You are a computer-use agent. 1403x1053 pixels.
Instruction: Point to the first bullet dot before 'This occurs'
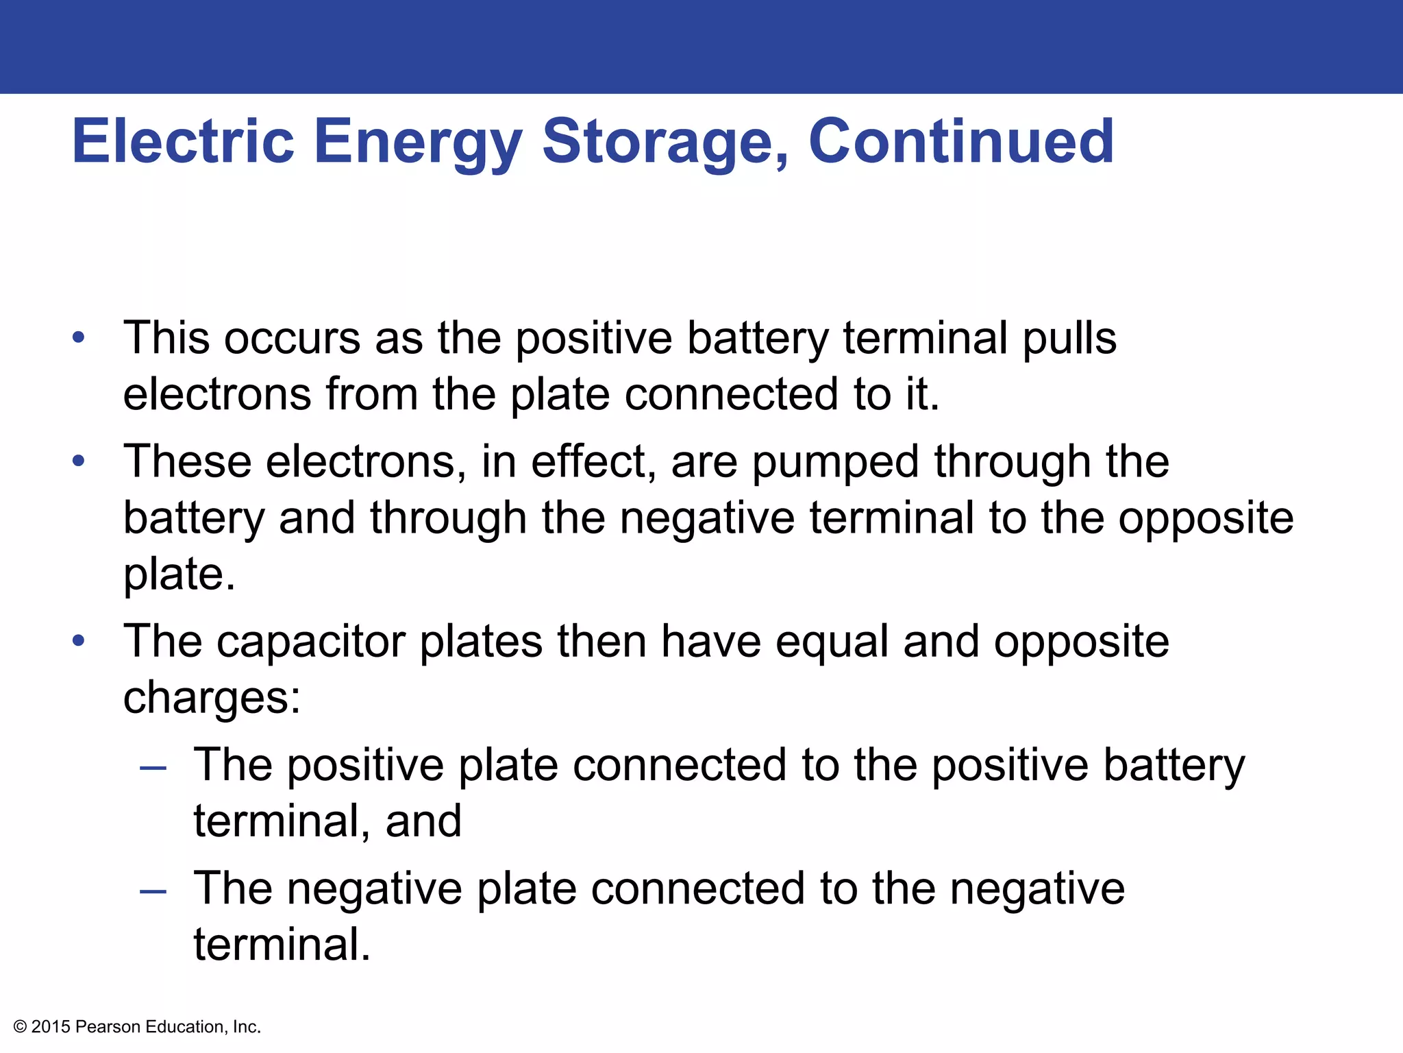click(79, 337)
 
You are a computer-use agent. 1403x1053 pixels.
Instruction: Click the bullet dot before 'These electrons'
click(79, 461)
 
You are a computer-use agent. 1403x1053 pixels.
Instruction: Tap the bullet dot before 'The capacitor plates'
click(79, 640)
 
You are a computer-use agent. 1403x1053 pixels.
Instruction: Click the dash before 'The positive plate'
click(153, 768)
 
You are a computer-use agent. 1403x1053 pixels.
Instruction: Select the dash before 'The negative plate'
click(153, 891)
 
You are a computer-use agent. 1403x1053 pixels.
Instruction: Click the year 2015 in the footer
click(51, 1027)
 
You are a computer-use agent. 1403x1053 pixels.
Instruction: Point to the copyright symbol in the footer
click(21, 1027)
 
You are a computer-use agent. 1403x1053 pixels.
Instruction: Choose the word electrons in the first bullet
click(217, 395)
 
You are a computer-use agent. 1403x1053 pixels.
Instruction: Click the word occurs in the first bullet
click(292, 339)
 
